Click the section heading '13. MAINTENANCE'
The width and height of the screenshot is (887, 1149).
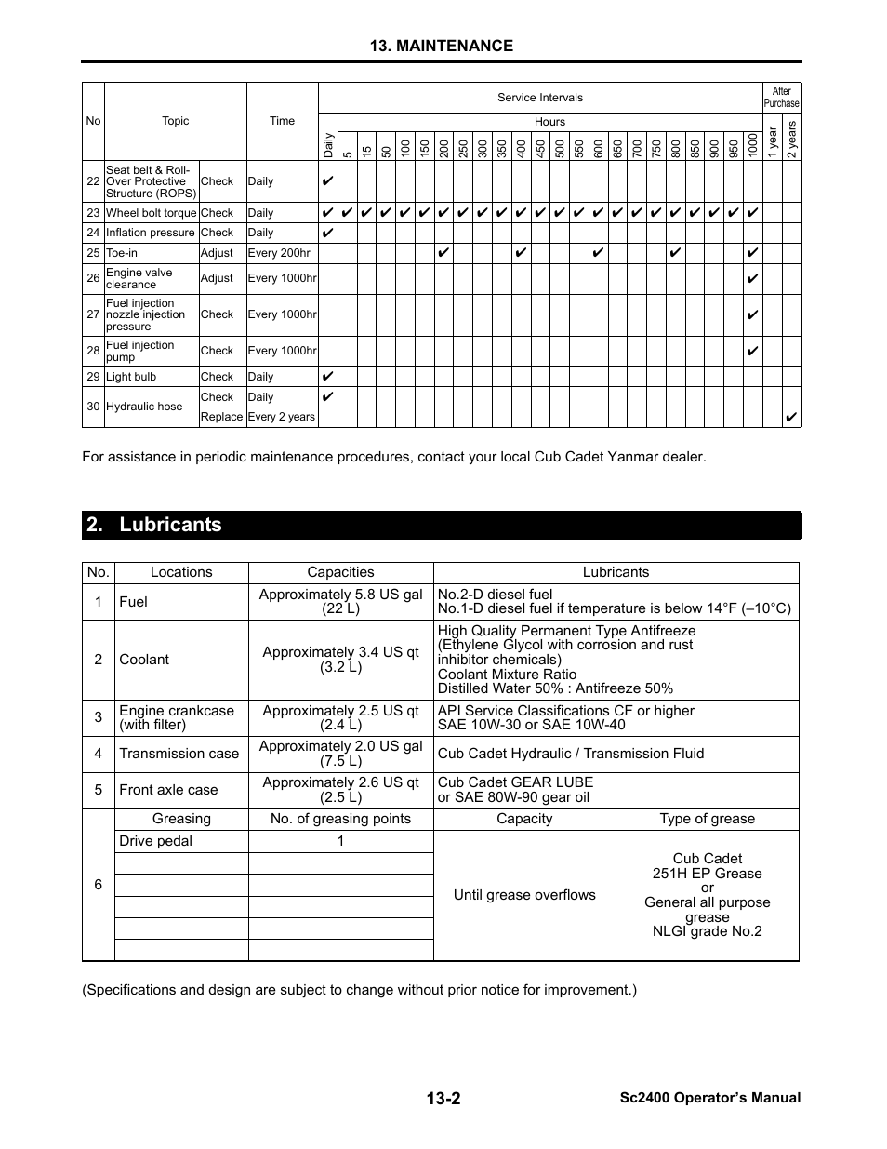[x=441, y=46]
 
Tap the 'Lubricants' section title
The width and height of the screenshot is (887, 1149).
[x=170, y=525]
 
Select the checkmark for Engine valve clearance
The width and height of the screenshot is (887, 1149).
[x=752, y=278]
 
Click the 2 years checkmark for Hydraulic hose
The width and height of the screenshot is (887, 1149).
[x=791, y=417]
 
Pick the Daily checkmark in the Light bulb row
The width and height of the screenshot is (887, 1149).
[x=327, y=377]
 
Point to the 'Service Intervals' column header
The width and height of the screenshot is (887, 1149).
[x=539, y=98]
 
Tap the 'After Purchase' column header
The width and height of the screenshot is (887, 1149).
[x=781, y=98]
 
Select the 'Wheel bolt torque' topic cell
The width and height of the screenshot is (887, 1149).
[x=151, y=213]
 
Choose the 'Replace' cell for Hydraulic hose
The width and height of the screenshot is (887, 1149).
[x=221, y=417]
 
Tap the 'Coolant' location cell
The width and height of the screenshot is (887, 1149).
[x=144, y=660]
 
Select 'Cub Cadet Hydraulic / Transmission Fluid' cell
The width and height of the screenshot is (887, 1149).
[x=571, y=754]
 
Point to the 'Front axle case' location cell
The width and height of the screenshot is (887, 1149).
[x=168, y=790]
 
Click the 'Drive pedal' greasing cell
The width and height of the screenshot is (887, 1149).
[x=156, y=841]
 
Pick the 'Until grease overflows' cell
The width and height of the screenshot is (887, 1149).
[x=524, y=895]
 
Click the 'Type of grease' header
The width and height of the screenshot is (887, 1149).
[x=707, y=819]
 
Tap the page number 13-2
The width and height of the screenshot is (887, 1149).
[x=443, y=1098]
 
